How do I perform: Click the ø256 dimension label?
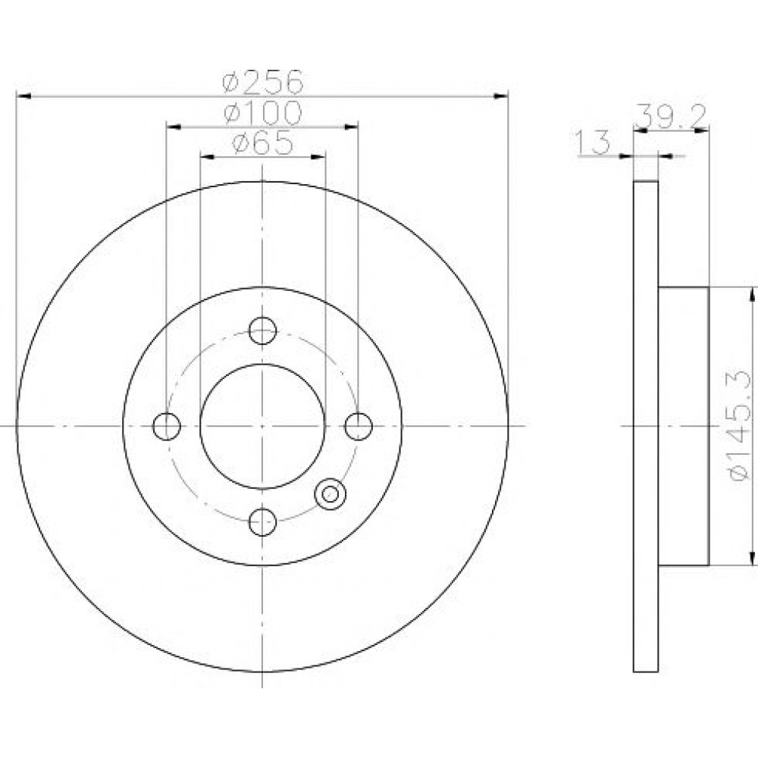coord(263,82)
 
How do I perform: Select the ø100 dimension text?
coord(263,113)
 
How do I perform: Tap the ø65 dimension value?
coord(262,143)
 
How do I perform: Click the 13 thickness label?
coord(593,143)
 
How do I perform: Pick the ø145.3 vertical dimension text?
coord(739,425)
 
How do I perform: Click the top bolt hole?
coord(262,330)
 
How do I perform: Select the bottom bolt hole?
coord(262,522)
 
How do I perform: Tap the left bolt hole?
coord(167,426)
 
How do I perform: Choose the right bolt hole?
coord(359,426)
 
